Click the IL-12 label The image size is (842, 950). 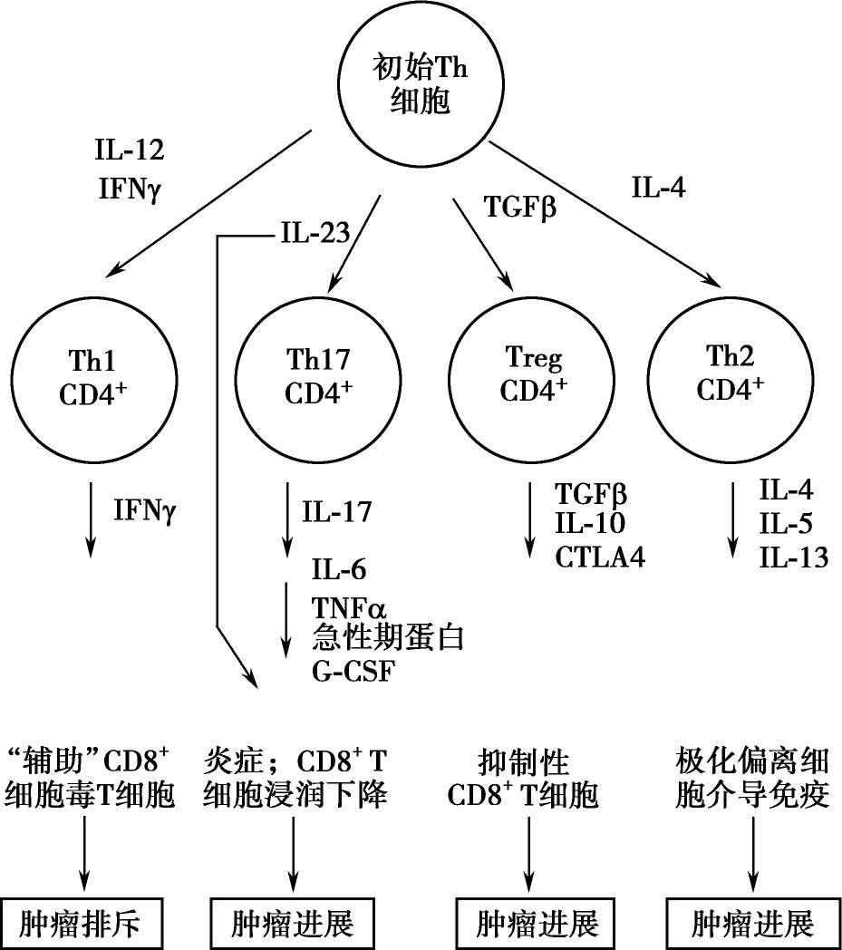tap(130, 149)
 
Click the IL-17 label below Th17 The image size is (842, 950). tap(338, 511)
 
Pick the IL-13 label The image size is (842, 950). tap(793, 557)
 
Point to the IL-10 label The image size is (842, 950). tap(590, 524)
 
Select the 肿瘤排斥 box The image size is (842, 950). tap(89, 925)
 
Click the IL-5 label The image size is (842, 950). tap(785, 524)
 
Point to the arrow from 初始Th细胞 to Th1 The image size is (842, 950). tap(210, 201)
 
